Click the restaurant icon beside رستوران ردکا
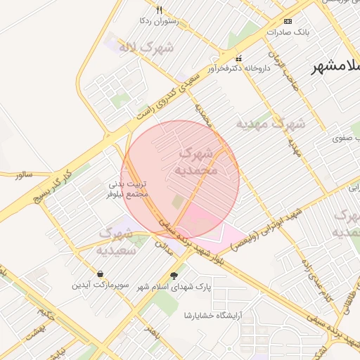tap(160, 10)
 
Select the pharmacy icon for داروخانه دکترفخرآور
tap(238, 58)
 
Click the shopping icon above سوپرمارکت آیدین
tap(100, 274)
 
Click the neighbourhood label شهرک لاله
tap(146, 48)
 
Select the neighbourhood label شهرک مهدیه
tap(270, 124)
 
